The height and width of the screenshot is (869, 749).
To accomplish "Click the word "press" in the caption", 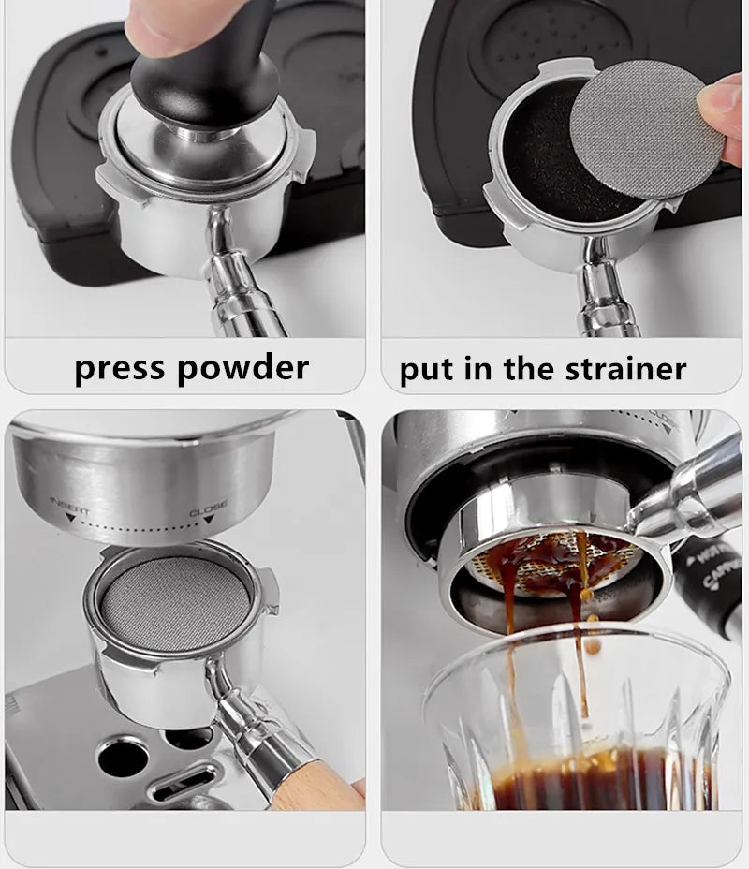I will pyautogui.click(x=120, y=368).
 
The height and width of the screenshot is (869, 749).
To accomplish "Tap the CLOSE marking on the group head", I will pyautogui.click(x=208, y=512).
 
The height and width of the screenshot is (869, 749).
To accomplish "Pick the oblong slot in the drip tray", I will pyautogui.click(x=184, y=782).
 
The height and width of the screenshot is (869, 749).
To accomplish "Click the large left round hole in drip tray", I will pyautogui.click(x=122, y=756).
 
